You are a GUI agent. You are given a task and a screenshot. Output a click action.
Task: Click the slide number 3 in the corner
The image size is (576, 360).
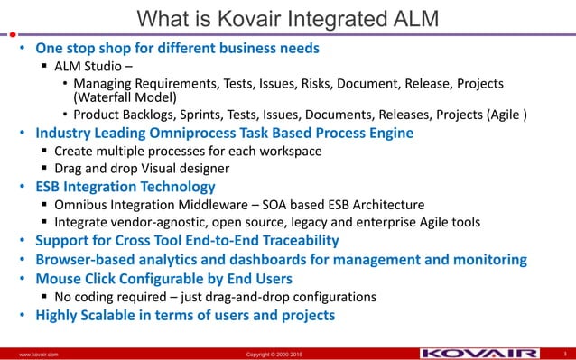(x=564, y=353)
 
